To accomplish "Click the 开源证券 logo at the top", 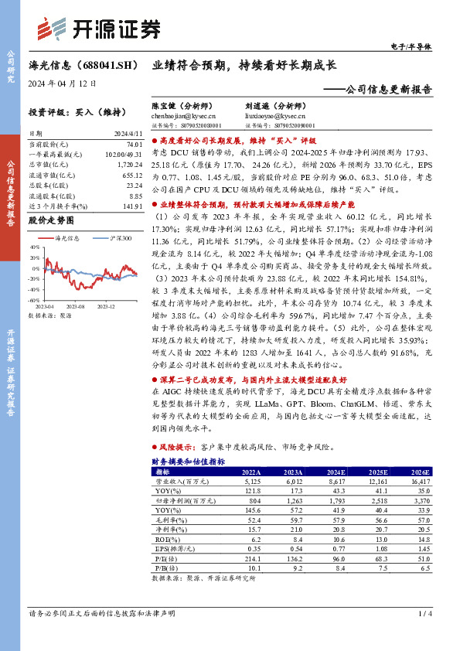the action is pyautogui.click(x=99, y=29).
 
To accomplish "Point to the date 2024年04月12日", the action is pyautogui.click(x=62, y=84).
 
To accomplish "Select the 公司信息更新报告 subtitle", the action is pyautogui.click(x=387, y=89).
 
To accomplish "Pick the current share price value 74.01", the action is pyautogui.click(x=132, y=144).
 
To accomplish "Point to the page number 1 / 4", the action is pyautogui.click(x=423, y=614).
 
